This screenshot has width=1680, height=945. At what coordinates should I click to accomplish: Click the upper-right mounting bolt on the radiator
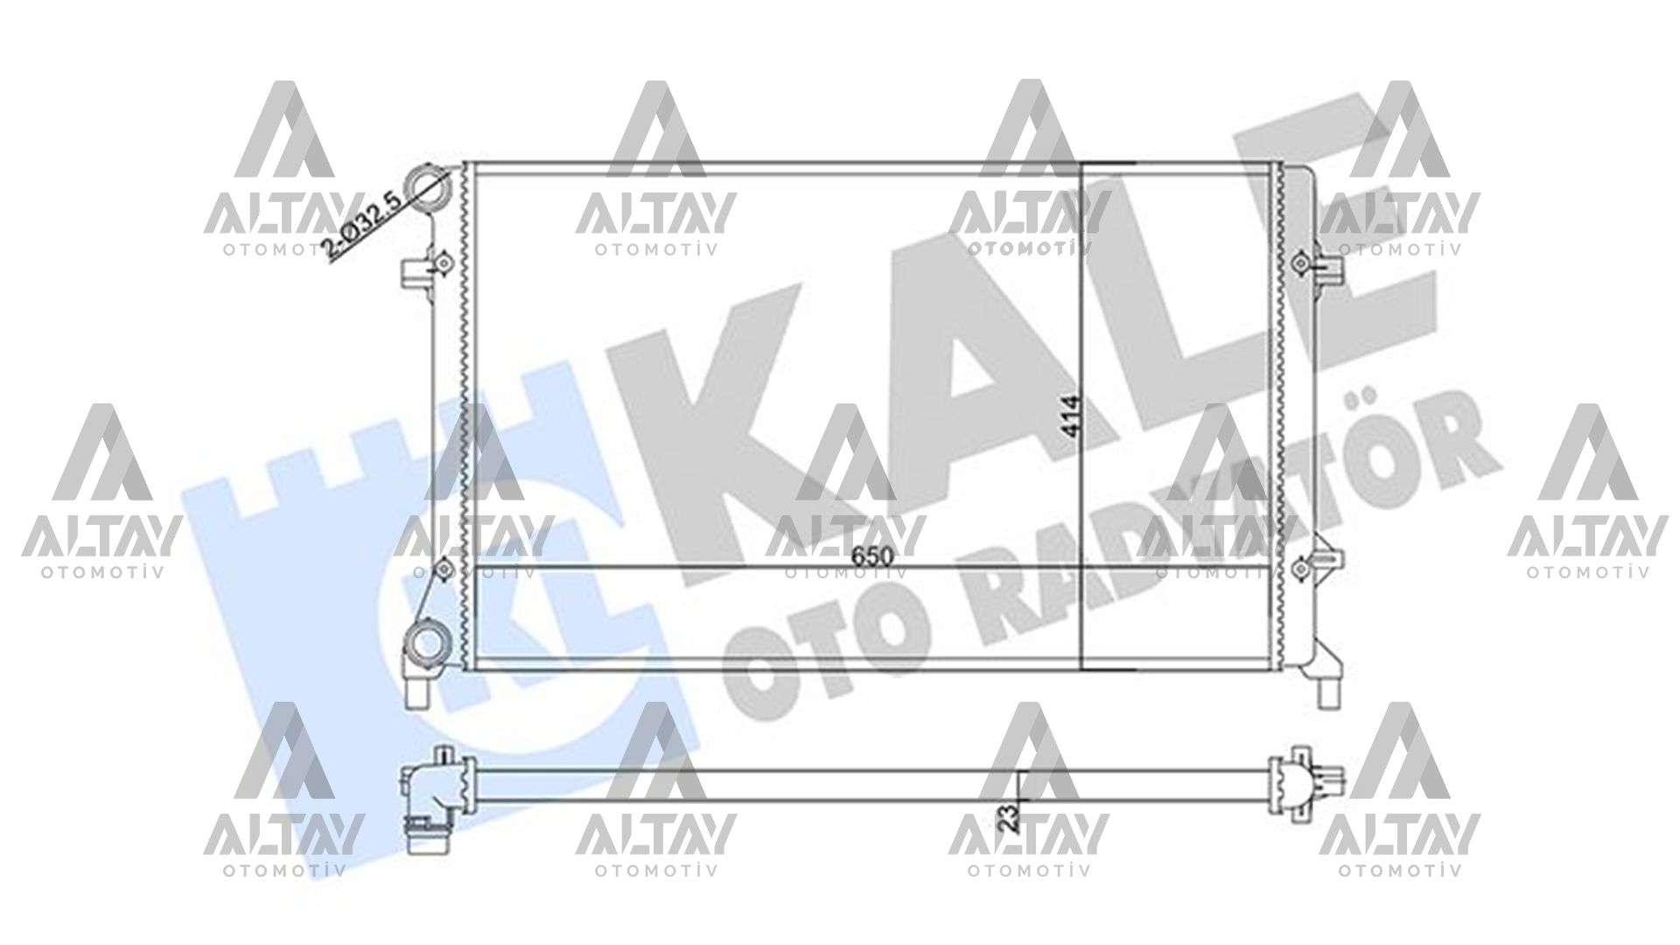1301,262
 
